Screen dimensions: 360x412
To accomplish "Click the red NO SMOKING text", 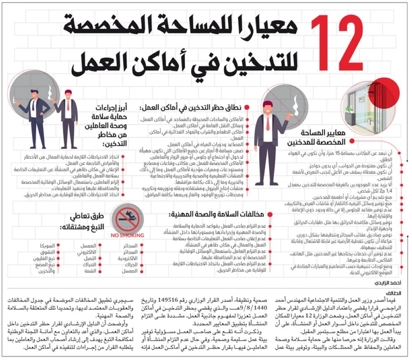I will click(127, 235).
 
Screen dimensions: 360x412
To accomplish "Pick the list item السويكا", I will click(42, 246).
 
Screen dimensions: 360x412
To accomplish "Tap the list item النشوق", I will click(43, 252).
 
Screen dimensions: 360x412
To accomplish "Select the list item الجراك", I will click(131, 265).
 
